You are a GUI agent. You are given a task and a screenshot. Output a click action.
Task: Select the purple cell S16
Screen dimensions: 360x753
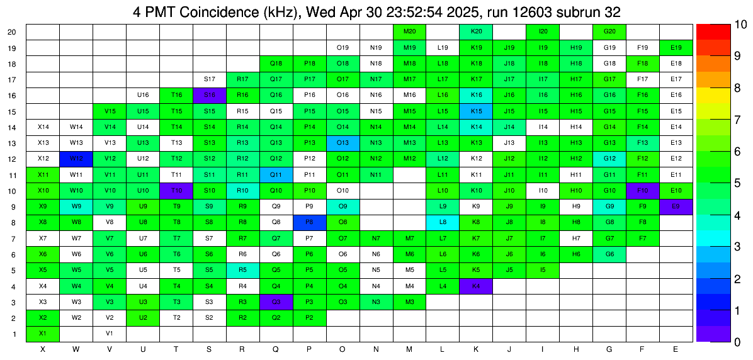[x=210, y=95]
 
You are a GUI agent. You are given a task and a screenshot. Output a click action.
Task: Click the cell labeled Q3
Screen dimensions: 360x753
[x=276, y=302]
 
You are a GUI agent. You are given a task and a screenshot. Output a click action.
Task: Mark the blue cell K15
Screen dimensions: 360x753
[x=476, y=111]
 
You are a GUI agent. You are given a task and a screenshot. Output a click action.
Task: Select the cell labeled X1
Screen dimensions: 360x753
[x=43, y=334]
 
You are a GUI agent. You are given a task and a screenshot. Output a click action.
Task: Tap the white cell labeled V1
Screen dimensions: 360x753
[x=110, y=334]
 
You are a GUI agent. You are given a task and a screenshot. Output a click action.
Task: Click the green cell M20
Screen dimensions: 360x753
[x=409, y=31]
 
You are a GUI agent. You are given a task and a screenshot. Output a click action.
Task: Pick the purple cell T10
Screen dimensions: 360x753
[x=176, y=191]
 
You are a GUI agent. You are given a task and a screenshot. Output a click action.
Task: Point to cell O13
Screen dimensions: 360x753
[x=343, y=143]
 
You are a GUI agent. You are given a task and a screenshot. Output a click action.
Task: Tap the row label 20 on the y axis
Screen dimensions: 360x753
[x=12, y=32]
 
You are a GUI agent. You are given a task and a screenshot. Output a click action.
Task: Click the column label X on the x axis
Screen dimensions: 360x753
[x=43, y=349]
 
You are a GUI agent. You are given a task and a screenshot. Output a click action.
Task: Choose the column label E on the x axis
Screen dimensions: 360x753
[x=676, y=349]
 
